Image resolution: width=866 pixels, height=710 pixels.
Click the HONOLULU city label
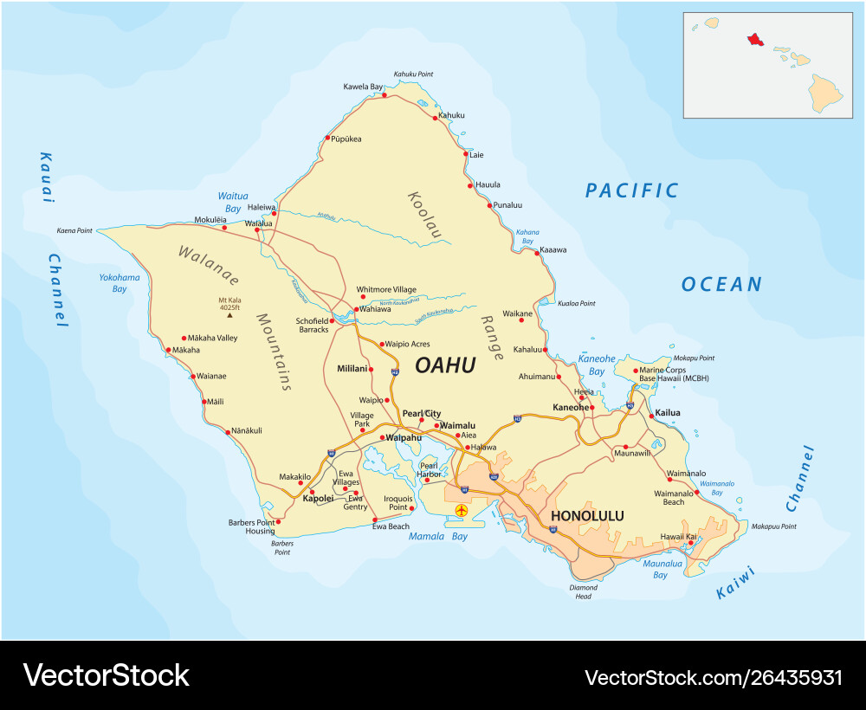(587, 516)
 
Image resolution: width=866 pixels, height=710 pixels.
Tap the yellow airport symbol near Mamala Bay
(461, 511)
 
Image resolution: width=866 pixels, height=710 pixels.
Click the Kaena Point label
(74, 231)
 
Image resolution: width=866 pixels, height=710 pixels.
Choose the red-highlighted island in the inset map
(755, 40)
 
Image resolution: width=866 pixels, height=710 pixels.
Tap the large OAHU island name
(445, 365)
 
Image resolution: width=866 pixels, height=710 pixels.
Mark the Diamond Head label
(583, 592)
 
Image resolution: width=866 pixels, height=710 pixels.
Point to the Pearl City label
(421, 414)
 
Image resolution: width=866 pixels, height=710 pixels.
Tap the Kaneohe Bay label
(596, 365)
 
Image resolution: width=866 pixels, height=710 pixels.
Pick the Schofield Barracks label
(313, 325)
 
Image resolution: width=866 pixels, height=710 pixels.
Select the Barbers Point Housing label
(251, 527)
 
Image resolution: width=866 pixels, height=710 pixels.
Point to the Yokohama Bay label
(120, 283)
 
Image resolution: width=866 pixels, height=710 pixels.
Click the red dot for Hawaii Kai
(691, 544)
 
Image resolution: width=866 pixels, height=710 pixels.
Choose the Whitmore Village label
(386, 289)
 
